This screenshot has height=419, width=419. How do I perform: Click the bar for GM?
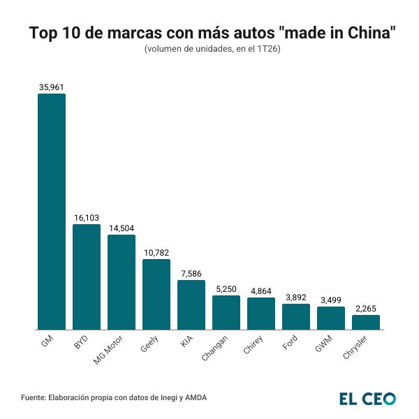pyautogui.click(x=52, y=211)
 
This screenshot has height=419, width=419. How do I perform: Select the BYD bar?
pyautogui.click(x=87, y=277)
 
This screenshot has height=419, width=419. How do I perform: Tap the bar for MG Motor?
pyautogui.click(x=122, y=282)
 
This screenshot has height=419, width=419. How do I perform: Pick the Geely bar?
pyautogui.click(x=156, y=294)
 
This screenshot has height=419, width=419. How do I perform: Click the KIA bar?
pyautogui.click(x=191, y=304)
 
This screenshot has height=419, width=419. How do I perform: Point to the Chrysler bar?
pyautogui.click(x=366, y=322)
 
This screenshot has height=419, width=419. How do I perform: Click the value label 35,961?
pyautogui.click(x=52, y=87)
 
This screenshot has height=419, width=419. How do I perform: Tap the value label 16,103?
pyautogui.click(x=87, y=218)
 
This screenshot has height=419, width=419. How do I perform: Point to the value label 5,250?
pyautogui.click(x=226, y=288)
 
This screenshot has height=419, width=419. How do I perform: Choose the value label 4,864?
pyautogui.click(x=261, y=291)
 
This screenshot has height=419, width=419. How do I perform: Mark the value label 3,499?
pyautogui.click(x=331, y=300)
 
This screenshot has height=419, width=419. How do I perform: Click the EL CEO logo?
pyautogui.click(x=367, y=399)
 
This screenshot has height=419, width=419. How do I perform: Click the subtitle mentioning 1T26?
pyautogui.click(x=209, y=50)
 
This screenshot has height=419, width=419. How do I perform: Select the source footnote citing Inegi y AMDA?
pyautogui.click(x=114, y=397)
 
